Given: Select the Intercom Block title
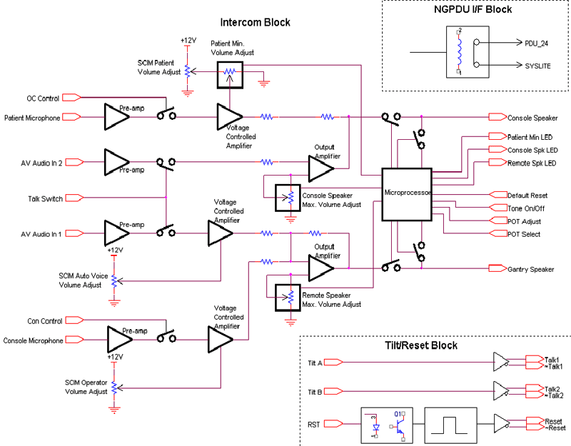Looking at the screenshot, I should tap(255, 22).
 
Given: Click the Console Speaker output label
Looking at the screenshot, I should tap(532, 117).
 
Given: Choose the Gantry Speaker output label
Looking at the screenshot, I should tap(531, 269).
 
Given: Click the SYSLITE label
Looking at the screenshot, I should tap(539, 65).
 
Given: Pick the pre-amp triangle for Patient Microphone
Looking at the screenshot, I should tap(118, 116).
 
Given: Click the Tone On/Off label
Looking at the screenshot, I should tap(526, 208).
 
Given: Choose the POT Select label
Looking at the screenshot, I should tap(523, 234).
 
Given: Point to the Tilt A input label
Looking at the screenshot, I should tap(315, 363).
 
